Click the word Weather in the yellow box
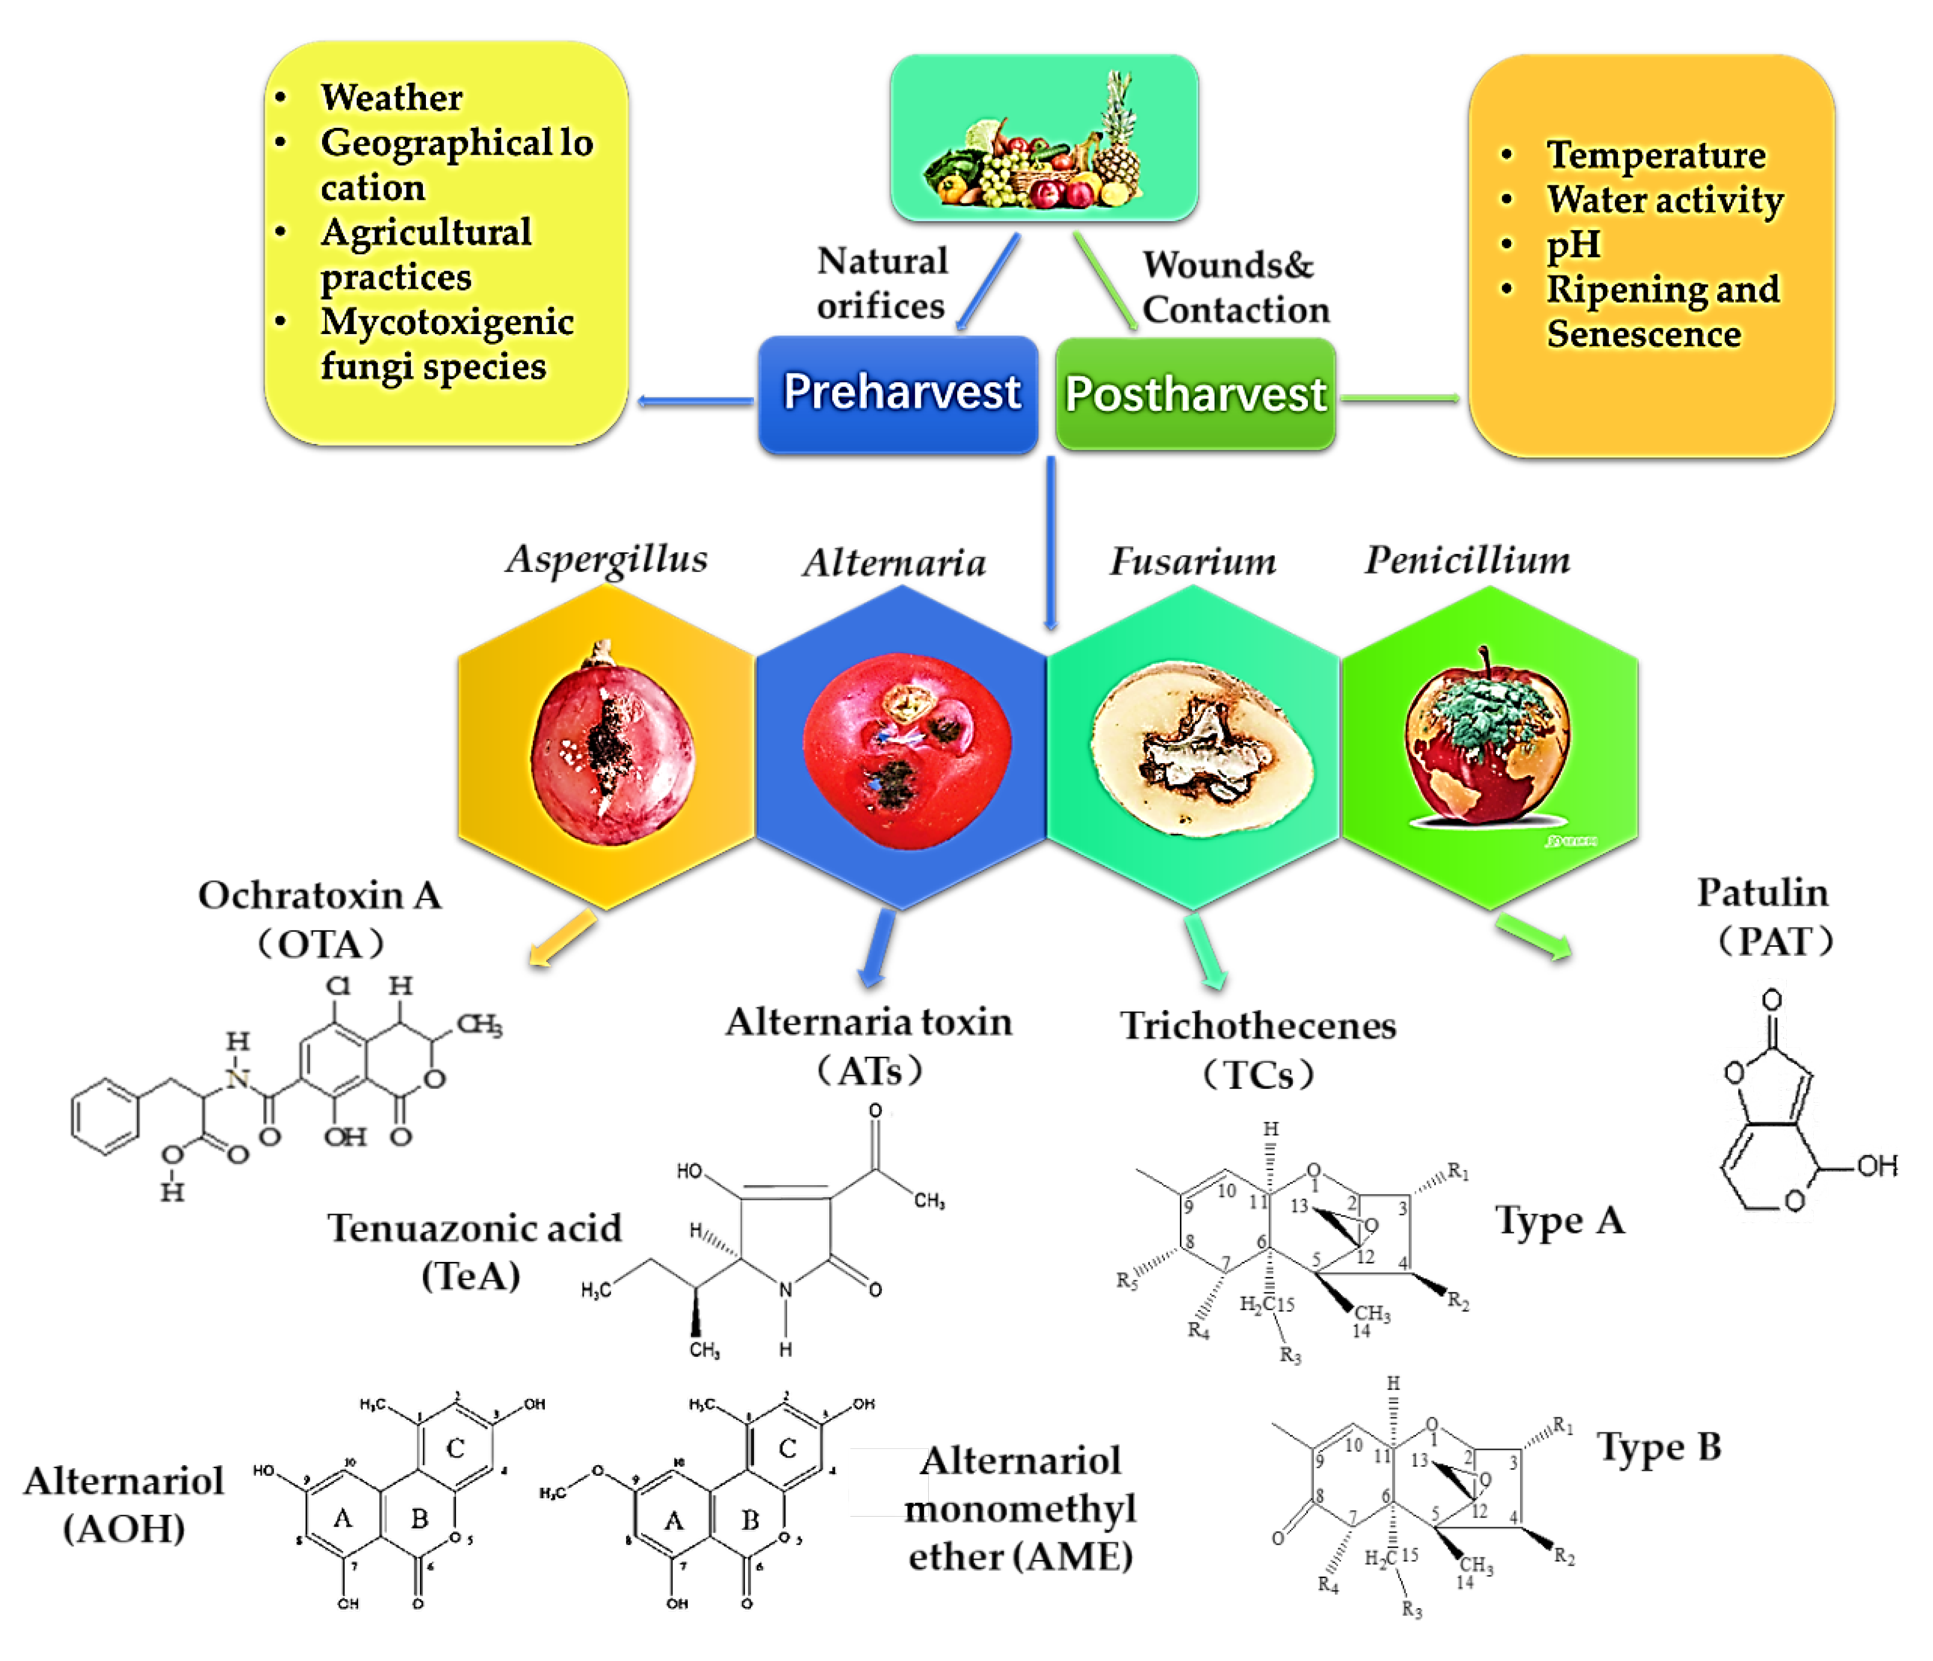click(x=391, y=97)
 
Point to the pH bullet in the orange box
click(x=1573, y=245)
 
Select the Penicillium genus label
click(x=1467, y=560)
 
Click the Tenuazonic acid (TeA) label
click(x=474, y=1250)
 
